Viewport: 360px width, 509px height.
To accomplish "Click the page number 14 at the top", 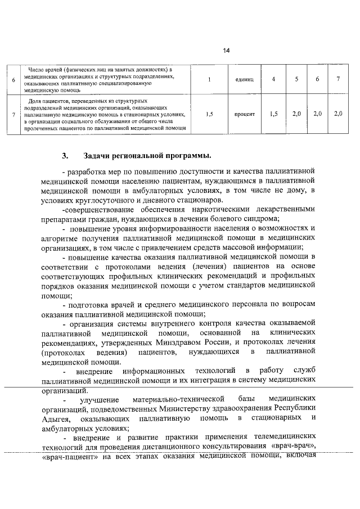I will pos(226,51).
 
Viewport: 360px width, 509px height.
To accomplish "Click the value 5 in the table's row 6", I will pos(296,79).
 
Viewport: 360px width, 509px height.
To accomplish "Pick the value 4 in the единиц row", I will pos(273,79).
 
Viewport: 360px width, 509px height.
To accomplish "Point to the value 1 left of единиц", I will pos(209,79).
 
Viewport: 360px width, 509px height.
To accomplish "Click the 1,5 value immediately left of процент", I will pos(209,114).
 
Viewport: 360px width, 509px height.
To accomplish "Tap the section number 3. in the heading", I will pos(65,155).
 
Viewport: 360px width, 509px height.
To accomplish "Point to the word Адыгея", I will pos(56,419).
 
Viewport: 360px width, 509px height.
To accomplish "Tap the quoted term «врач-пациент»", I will pos(69,457).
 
